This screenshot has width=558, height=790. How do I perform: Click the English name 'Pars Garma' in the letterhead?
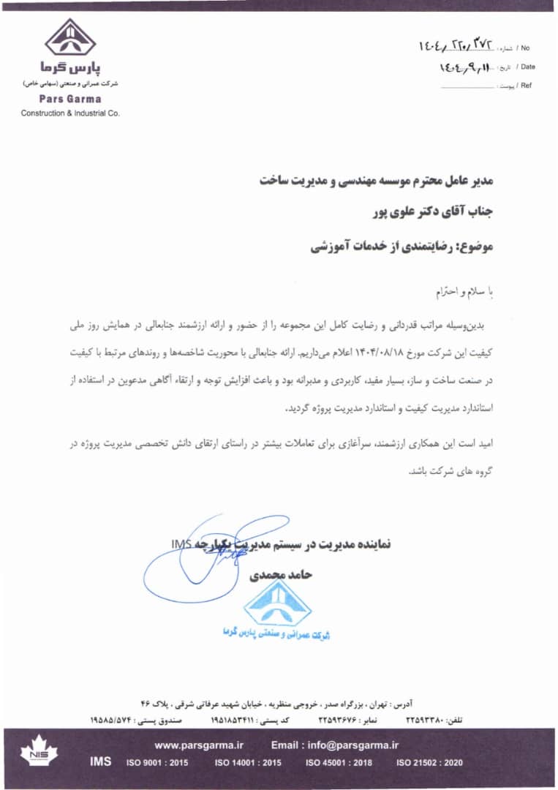(x=70, y=99)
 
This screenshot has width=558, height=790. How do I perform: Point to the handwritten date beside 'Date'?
(x=463, y=67)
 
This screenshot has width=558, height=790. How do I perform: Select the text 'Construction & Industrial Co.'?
(x=70, y=113)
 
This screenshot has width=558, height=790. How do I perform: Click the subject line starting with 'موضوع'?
(x=402, y=248)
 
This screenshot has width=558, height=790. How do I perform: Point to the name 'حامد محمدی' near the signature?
(x=282, y=576)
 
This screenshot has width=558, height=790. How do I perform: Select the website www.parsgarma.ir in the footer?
(x=198, y=745)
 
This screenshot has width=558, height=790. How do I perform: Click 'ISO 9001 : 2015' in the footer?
(x=157, y=763)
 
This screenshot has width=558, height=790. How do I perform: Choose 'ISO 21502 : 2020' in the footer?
(x=429, y=763)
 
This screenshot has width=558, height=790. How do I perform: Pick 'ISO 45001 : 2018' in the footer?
(x=339, y=763)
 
